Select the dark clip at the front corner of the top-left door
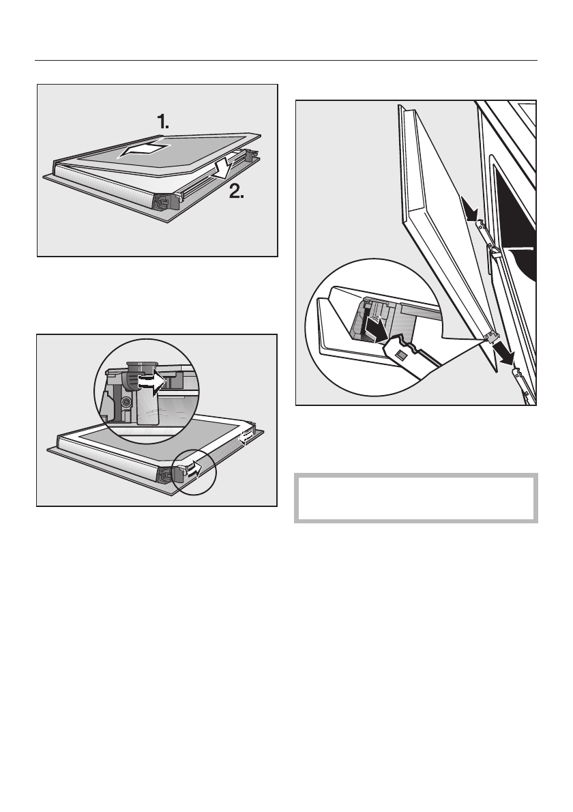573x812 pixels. point(164,201)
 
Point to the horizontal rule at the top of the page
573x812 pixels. point(286,60)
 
